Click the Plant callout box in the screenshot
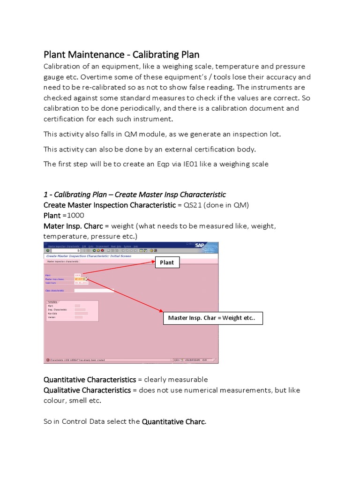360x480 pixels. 167,262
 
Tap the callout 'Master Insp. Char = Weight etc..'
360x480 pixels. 212,318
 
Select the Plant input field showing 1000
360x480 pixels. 77,275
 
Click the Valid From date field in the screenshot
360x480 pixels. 81,283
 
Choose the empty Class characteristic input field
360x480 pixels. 94,291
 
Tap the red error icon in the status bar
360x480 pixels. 47,360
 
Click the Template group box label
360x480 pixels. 52,302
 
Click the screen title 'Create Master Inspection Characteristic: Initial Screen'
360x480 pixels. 88,256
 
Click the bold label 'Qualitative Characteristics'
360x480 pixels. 87,390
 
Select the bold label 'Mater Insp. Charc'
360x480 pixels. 73,226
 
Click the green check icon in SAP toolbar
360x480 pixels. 48,251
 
